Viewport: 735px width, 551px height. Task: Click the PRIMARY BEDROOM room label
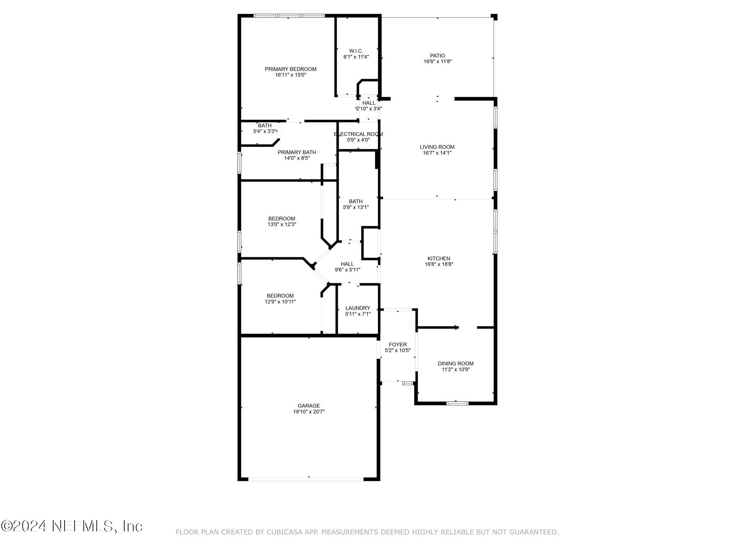(x=290, y=69)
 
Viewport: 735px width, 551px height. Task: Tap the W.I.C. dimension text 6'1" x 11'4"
(x=356, y=57)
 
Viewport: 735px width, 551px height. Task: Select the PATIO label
(x=437, y=56)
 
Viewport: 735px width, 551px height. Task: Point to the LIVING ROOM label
(x=437, y=147)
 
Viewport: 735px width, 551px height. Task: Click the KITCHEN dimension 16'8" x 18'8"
(x=439, y=264)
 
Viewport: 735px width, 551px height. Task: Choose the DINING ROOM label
(x=455, y=363)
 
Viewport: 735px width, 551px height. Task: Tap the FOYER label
(x=398, y=344)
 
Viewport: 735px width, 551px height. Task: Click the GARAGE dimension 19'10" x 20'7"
(x=309, y=412)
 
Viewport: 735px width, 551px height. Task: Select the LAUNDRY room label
(x=357, y=308)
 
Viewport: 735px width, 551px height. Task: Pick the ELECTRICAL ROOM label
(x=358, y=134)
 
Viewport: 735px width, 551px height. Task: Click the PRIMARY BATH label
(x=296, y=152)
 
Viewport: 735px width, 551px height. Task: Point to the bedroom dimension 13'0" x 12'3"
(x=282, y=225)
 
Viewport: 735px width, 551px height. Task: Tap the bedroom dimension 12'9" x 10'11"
(x=280, y=302)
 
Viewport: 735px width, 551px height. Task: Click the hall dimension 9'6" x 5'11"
(x=347, y=270)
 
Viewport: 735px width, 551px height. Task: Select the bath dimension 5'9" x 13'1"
(x=356, y=207)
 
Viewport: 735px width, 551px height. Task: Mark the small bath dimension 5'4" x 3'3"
(x=264, y=131)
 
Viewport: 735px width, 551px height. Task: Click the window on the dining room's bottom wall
(x=457, y=403)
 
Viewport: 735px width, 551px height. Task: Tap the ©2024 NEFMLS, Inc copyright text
(x=72, y=526)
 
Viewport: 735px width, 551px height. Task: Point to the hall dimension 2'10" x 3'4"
(x=369, y=109)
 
